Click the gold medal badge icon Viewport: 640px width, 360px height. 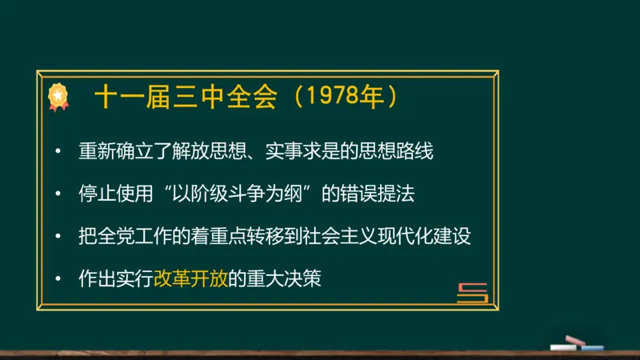58,97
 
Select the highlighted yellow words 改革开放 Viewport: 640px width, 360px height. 189,280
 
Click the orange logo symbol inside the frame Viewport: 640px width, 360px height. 472,293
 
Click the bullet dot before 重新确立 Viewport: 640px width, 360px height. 58,152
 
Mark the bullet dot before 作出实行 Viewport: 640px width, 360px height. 58,280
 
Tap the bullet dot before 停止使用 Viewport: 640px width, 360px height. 58,194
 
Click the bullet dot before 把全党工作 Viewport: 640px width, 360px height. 58,238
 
